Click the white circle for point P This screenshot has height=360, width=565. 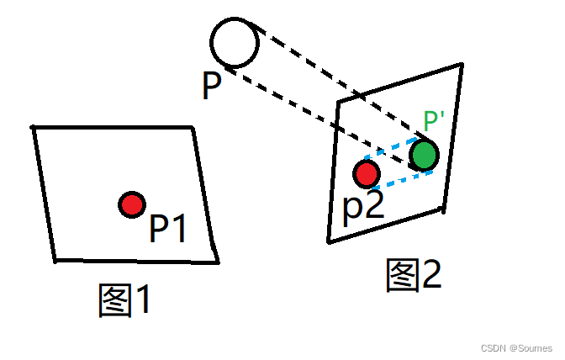coord(235,44)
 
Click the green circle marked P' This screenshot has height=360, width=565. coord(425,154)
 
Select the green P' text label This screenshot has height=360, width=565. coord(434,121)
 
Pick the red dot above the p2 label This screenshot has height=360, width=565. coord(366,174)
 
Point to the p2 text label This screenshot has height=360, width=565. coord(363,205)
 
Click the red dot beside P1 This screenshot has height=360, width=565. coord(131,204)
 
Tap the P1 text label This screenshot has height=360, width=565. coord(169,228)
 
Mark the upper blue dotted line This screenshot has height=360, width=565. coord(392,149)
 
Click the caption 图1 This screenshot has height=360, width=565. coord(125,300)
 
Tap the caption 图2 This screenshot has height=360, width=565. coord(414,275)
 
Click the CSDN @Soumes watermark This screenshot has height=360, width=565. coord(515,348)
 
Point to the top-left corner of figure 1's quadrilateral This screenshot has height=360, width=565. coord(34,128)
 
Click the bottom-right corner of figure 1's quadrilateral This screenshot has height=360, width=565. coord(217,260)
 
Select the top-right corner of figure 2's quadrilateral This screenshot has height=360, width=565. coord(461,64)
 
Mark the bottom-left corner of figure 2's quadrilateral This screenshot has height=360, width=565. coord(329,241)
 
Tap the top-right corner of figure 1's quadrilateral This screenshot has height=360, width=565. coord(193,128)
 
